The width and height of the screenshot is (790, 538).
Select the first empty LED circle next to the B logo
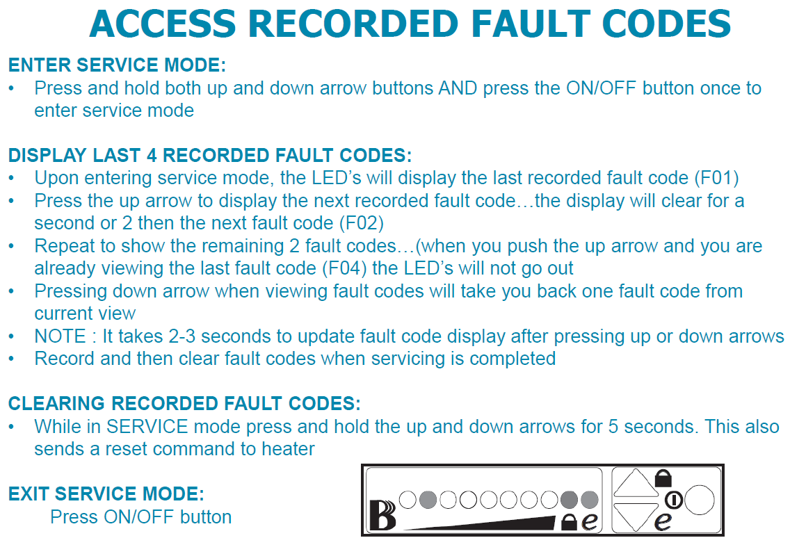tap(408, 498)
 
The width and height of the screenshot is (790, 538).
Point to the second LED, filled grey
tap(428, 498)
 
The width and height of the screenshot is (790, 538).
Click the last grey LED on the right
tap(590, 498)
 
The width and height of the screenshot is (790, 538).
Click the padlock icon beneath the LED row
tap(568, 522)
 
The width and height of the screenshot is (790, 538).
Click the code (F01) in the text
tap(717, 177)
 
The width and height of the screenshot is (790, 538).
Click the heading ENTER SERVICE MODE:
tap(117, 66)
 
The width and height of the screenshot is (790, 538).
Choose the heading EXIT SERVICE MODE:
tap(106, 494)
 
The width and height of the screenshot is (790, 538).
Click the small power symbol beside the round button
tap(673, 499)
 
